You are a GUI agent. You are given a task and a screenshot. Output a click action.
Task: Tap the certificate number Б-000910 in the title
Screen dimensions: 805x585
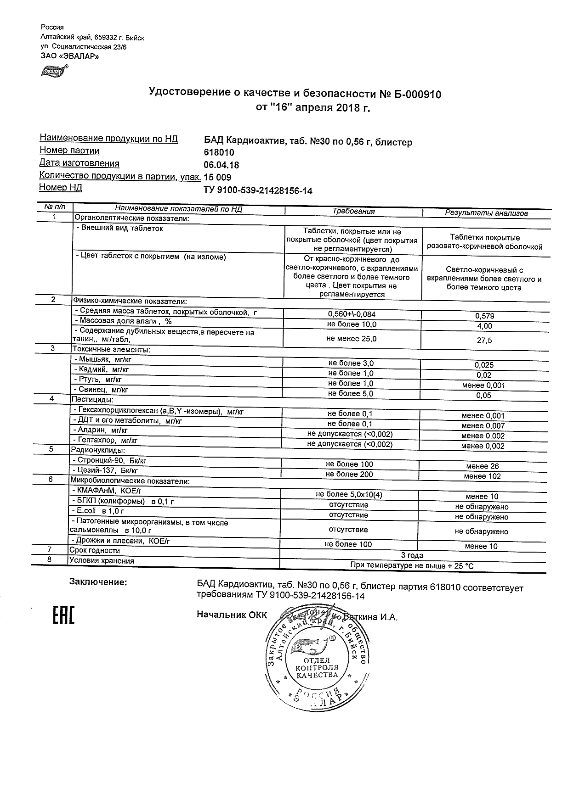(x=417, y=94)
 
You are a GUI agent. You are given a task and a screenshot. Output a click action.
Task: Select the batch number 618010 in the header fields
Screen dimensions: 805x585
(x=219, y=153)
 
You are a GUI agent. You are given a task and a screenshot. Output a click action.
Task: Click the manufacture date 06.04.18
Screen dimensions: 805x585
(x=221, y=165)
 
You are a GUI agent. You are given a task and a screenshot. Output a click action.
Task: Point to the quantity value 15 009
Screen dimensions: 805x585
(x=217, y=178)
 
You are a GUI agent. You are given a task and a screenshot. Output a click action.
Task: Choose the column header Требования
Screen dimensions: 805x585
(x=353, y=212)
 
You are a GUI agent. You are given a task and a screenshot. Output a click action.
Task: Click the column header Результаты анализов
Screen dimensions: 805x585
(x=486, y=213)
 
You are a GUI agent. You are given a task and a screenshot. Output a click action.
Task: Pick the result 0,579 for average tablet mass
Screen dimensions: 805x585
(x=485, y=316)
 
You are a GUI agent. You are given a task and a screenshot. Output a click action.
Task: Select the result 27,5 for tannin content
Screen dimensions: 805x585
(x=484, y=341)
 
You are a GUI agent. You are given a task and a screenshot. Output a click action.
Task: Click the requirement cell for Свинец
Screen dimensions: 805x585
(x=351, y=394)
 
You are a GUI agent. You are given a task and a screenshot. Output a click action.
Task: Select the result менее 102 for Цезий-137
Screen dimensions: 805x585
(x=482, y=476)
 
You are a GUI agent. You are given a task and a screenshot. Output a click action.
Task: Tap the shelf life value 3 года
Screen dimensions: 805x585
(x=412, y=555)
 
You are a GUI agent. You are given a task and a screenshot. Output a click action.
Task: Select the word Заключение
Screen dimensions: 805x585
(x=98, y=582)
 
